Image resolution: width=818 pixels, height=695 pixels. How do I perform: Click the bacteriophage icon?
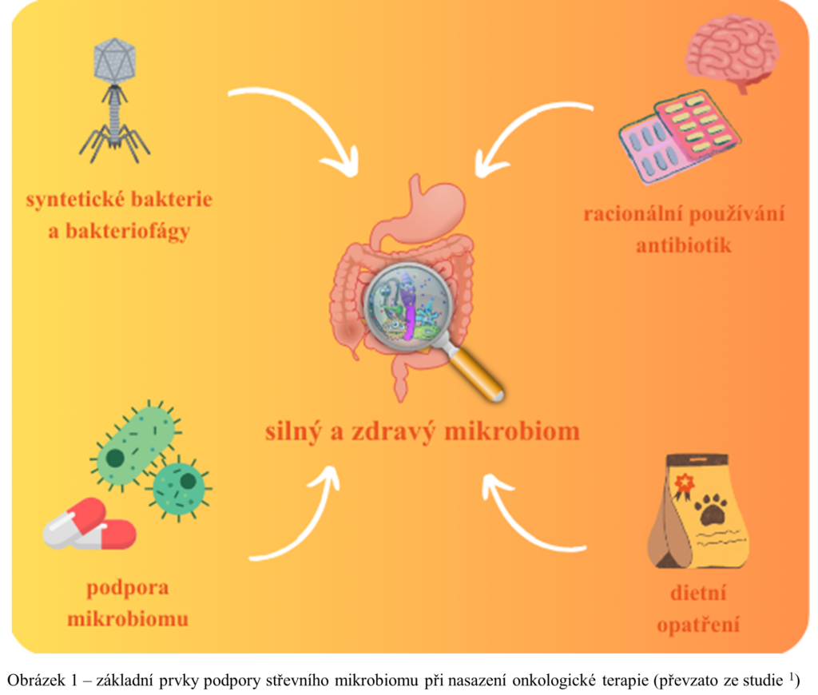coord(114,96)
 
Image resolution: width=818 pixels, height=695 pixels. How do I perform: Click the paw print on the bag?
coord(709,509)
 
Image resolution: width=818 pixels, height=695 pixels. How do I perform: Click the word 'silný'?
coord(292,432)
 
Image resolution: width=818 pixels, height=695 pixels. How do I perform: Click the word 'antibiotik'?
coord(683,245)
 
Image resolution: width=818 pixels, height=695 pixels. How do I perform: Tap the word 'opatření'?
coord(697,624)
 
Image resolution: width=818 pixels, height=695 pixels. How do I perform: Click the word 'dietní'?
coord(698,594)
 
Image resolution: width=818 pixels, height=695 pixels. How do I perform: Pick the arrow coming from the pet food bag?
coord(527,519)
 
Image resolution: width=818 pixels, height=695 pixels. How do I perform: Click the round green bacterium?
coord(181,483)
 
